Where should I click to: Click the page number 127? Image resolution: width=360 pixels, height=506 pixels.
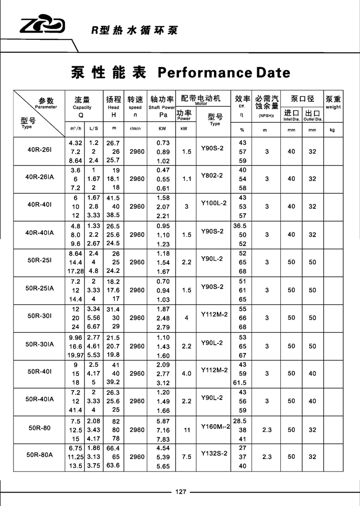[x=180, y=492]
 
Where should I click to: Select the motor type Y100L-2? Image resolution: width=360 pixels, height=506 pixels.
[x=213, y=203]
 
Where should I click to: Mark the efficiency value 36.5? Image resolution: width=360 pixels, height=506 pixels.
[x=242, y=226]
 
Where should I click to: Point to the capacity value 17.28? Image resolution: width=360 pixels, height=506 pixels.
[x=76, y=271]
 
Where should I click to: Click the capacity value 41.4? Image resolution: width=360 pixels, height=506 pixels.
[x=76, y=410]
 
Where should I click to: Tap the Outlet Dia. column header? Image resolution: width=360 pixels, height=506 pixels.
[x=312, y=115]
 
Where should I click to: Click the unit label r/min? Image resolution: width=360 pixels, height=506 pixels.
[x=135, y=130]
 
